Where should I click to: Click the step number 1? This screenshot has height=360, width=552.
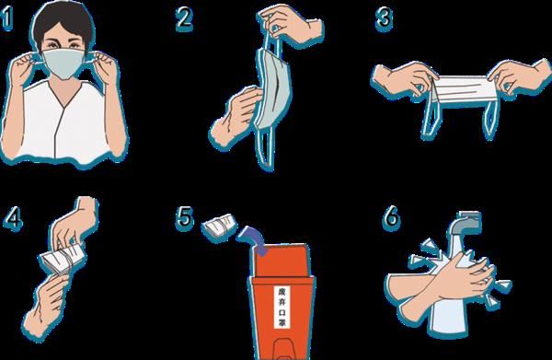(x=7, y=18)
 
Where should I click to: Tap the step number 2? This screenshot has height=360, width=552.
(x=184, y=18)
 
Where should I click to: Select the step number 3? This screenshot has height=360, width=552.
(x=384, y=18)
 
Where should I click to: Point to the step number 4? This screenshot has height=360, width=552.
(x=14, y=218)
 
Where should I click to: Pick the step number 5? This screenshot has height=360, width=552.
(x=185, y=217)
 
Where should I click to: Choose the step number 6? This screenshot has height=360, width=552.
(x=391, y=217)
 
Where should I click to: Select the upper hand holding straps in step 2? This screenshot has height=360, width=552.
(x=291, y=23)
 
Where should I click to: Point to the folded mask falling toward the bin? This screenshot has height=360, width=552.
(x=219, y=226)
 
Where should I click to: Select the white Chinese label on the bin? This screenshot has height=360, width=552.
(x=282, y=307)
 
